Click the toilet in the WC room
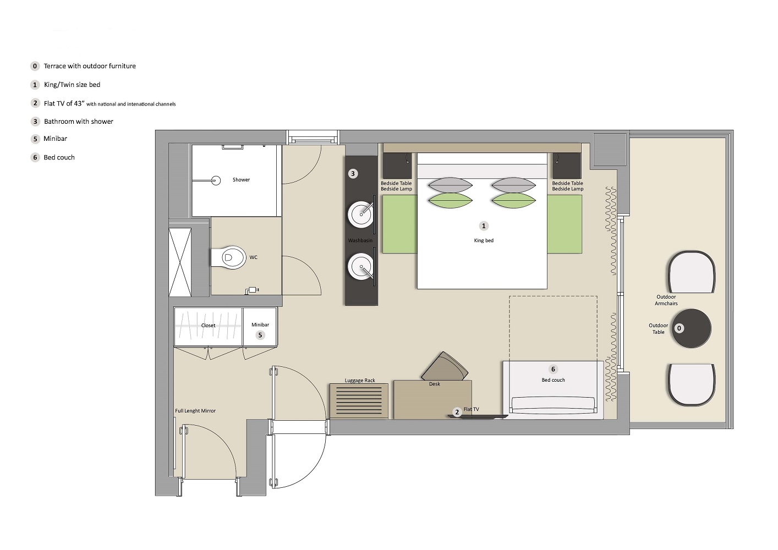tap(228, 257)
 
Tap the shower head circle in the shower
tap(216, 180)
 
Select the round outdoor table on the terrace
tap(691, 328)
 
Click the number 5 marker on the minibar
tap(260, 335)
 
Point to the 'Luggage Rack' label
tap(360, 381)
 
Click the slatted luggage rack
tap(359, 401)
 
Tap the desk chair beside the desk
tap(445, 366)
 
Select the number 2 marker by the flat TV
tap(457, 412)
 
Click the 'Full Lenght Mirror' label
tap(195, 411)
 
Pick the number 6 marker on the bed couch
tap(554, 369)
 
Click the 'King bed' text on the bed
tap(484, 241)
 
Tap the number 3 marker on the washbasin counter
tap(353, 174)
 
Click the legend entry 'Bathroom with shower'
tap(79, 122)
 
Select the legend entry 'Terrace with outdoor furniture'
tap(90, 66)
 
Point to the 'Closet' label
tap(209, 326)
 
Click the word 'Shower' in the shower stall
tap(241, 179)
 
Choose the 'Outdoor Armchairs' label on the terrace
tap(666, 300)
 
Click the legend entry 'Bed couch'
tap(59, 157)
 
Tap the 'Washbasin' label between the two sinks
tap(360, 240)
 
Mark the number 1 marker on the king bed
tap(484, 226)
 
